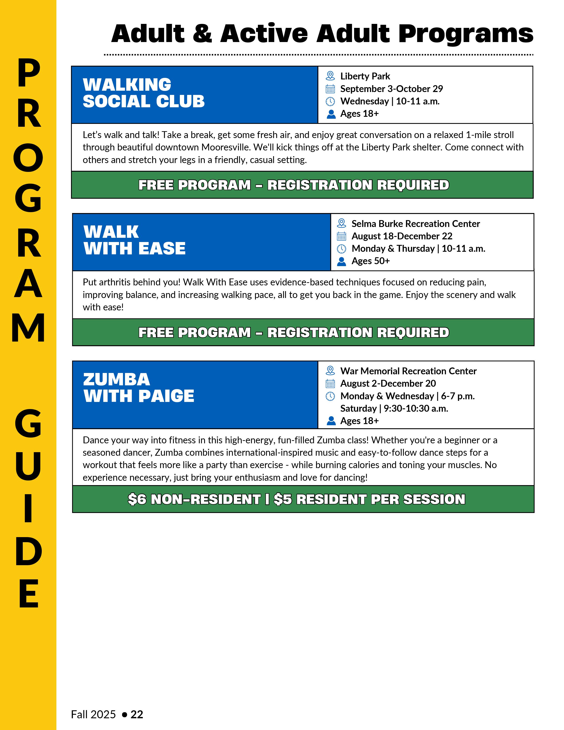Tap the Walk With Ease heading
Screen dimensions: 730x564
[134, 240]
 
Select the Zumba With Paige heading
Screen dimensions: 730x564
[138, 388]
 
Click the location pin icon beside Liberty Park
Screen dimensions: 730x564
[330, 76]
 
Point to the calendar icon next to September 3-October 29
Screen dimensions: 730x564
[330, 89]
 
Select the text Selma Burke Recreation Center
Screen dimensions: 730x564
[415, 224]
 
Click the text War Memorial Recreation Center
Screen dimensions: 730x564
[408, 371]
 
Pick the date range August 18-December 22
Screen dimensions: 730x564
[402, 236]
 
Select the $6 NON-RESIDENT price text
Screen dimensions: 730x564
[194, 499]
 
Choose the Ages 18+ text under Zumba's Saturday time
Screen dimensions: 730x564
[359, 421]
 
